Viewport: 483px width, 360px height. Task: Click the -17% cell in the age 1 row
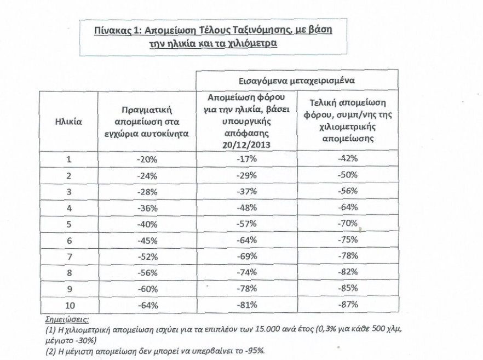tap(246, 159)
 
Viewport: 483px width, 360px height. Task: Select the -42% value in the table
tap(346, 159)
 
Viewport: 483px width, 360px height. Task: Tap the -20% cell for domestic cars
tap(146, 160)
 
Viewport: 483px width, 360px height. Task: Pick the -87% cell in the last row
tap(346, 304)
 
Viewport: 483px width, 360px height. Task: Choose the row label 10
tap(69, 305)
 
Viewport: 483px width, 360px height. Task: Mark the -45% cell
tap(146, 240)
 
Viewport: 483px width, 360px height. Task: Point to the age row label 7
tap(69, 256)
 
